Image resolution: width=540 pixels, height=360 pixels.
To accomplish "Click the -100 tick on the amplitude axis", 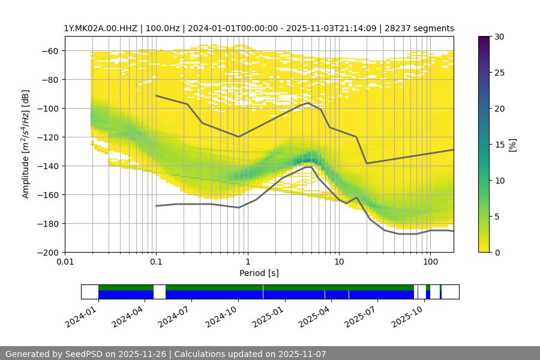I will [x=51, y=108].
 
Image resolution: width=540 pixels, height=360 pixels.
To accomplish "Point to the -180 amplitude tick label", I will [x=51, y=223].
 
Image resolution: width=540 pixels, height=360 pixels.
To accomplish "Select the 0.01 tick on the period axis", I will [x=65, y=262].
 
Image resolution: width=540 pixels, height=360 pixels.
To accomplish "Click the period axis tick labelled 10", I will [x=338, y=262].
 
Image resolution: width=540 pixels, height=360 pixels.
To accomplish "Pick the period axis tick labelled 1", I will [x=247, y=262].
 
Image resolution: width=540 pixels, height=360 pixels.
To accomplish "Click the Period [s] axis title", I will [x=259, y=274].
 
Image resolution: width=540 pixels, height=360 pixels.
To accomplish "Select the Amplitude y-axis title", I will [x=25, y=144].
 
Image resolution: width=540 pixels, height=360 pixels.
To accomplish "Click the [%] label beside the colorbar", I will [x=512, y=145].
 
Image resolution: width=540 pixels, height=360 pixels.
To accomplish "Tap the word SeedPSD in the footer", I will [x=83, y=354].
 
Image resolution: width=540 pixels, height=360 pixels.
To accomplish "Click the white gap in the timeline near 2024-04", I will [x=160, y=292].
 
